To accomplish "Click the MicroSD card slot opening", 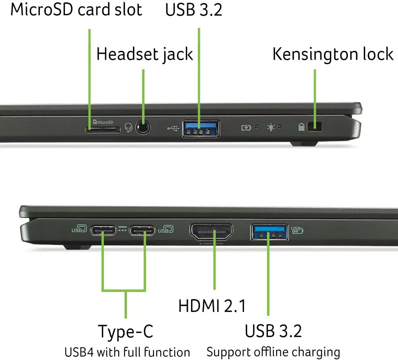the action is click(x=103, y=130).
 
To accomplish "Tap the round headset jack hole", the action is click(x=142, y=127).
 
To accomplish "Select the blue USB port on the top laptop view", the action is click(x=201, y=129).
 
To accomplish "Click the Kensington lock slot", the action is click(x=314, y=127).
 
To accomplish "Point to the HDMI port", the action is click(x=211, y=231).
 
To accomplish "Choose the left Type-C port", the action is click(x=103, y=231).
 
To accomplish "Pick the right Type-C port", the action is click(x=142, y=231).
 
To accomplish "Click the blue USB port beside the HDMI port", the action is click(x=269, y=232).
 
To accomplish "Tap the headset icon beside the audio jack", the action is click(x=129, y=127).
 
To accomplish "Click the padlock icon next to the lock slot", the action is click(x=301, y=127).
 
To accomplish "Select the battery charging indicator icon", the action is click(x=246, y=127).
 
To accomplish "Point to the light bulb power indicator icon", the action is click(x=271, y=127).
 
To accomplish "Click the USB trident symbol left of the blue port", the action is click(x=173, y=129).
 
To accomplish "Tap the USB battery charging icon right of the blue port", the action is click(x=297, y=230).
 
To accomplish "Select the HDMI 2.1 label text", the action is click(x=212, y=305).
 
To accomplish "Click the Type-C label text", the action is click(x=126, y=331).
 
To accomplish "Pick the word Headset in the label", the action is click(x=128, y=54).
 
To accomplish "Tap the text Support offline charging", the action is click(x=273, y=352).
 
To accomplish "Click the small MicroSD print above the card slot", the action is click(x=103, y=122).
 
